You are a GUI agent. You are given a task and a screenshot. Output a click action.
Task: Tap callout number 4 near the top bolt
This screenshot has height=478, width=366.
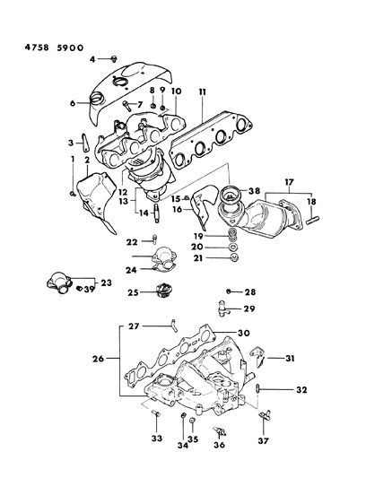point(91,59)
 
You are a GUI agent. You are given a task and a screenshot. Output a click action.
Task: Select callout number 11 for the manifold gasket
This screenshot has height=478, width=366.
point(204,91)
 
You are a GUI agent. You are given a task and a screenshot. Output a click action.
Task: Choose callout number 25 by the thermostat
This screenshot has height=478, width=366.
point(132,292)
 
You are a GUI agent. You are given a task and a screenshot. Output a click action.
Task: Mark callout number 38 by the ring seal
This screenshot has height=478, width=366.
point(256,191)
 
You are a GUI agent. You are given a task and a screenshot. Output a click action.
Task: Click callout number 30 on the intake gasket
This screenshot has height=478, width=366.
point(243,332)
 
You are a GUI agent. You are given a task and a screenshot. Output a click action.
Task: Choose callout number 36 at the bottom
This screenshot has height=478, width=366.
point(218,444)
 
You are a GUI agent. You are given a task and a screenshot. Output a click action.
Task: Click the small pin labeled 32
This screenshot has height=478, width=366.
point(257,388)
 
